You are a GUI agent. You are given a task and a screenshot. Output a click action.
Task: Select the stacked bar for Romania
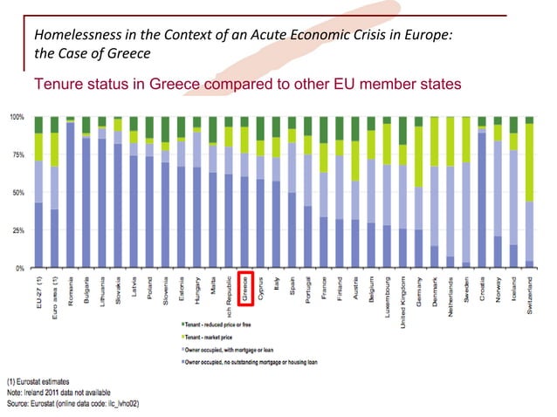click(70, 192)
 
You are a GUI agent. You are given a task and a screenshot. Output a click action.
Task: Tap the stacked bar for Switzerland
click(529, 192)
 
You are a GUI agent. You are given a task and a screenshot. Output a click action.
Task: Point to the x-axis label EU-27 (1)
click(38, 293)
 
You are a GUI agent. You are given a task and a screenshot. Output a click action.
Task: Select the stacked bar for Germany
click(419, 192)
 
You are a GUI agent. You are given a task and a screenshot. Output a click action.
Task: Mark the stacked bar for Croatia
click(482, 192)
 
